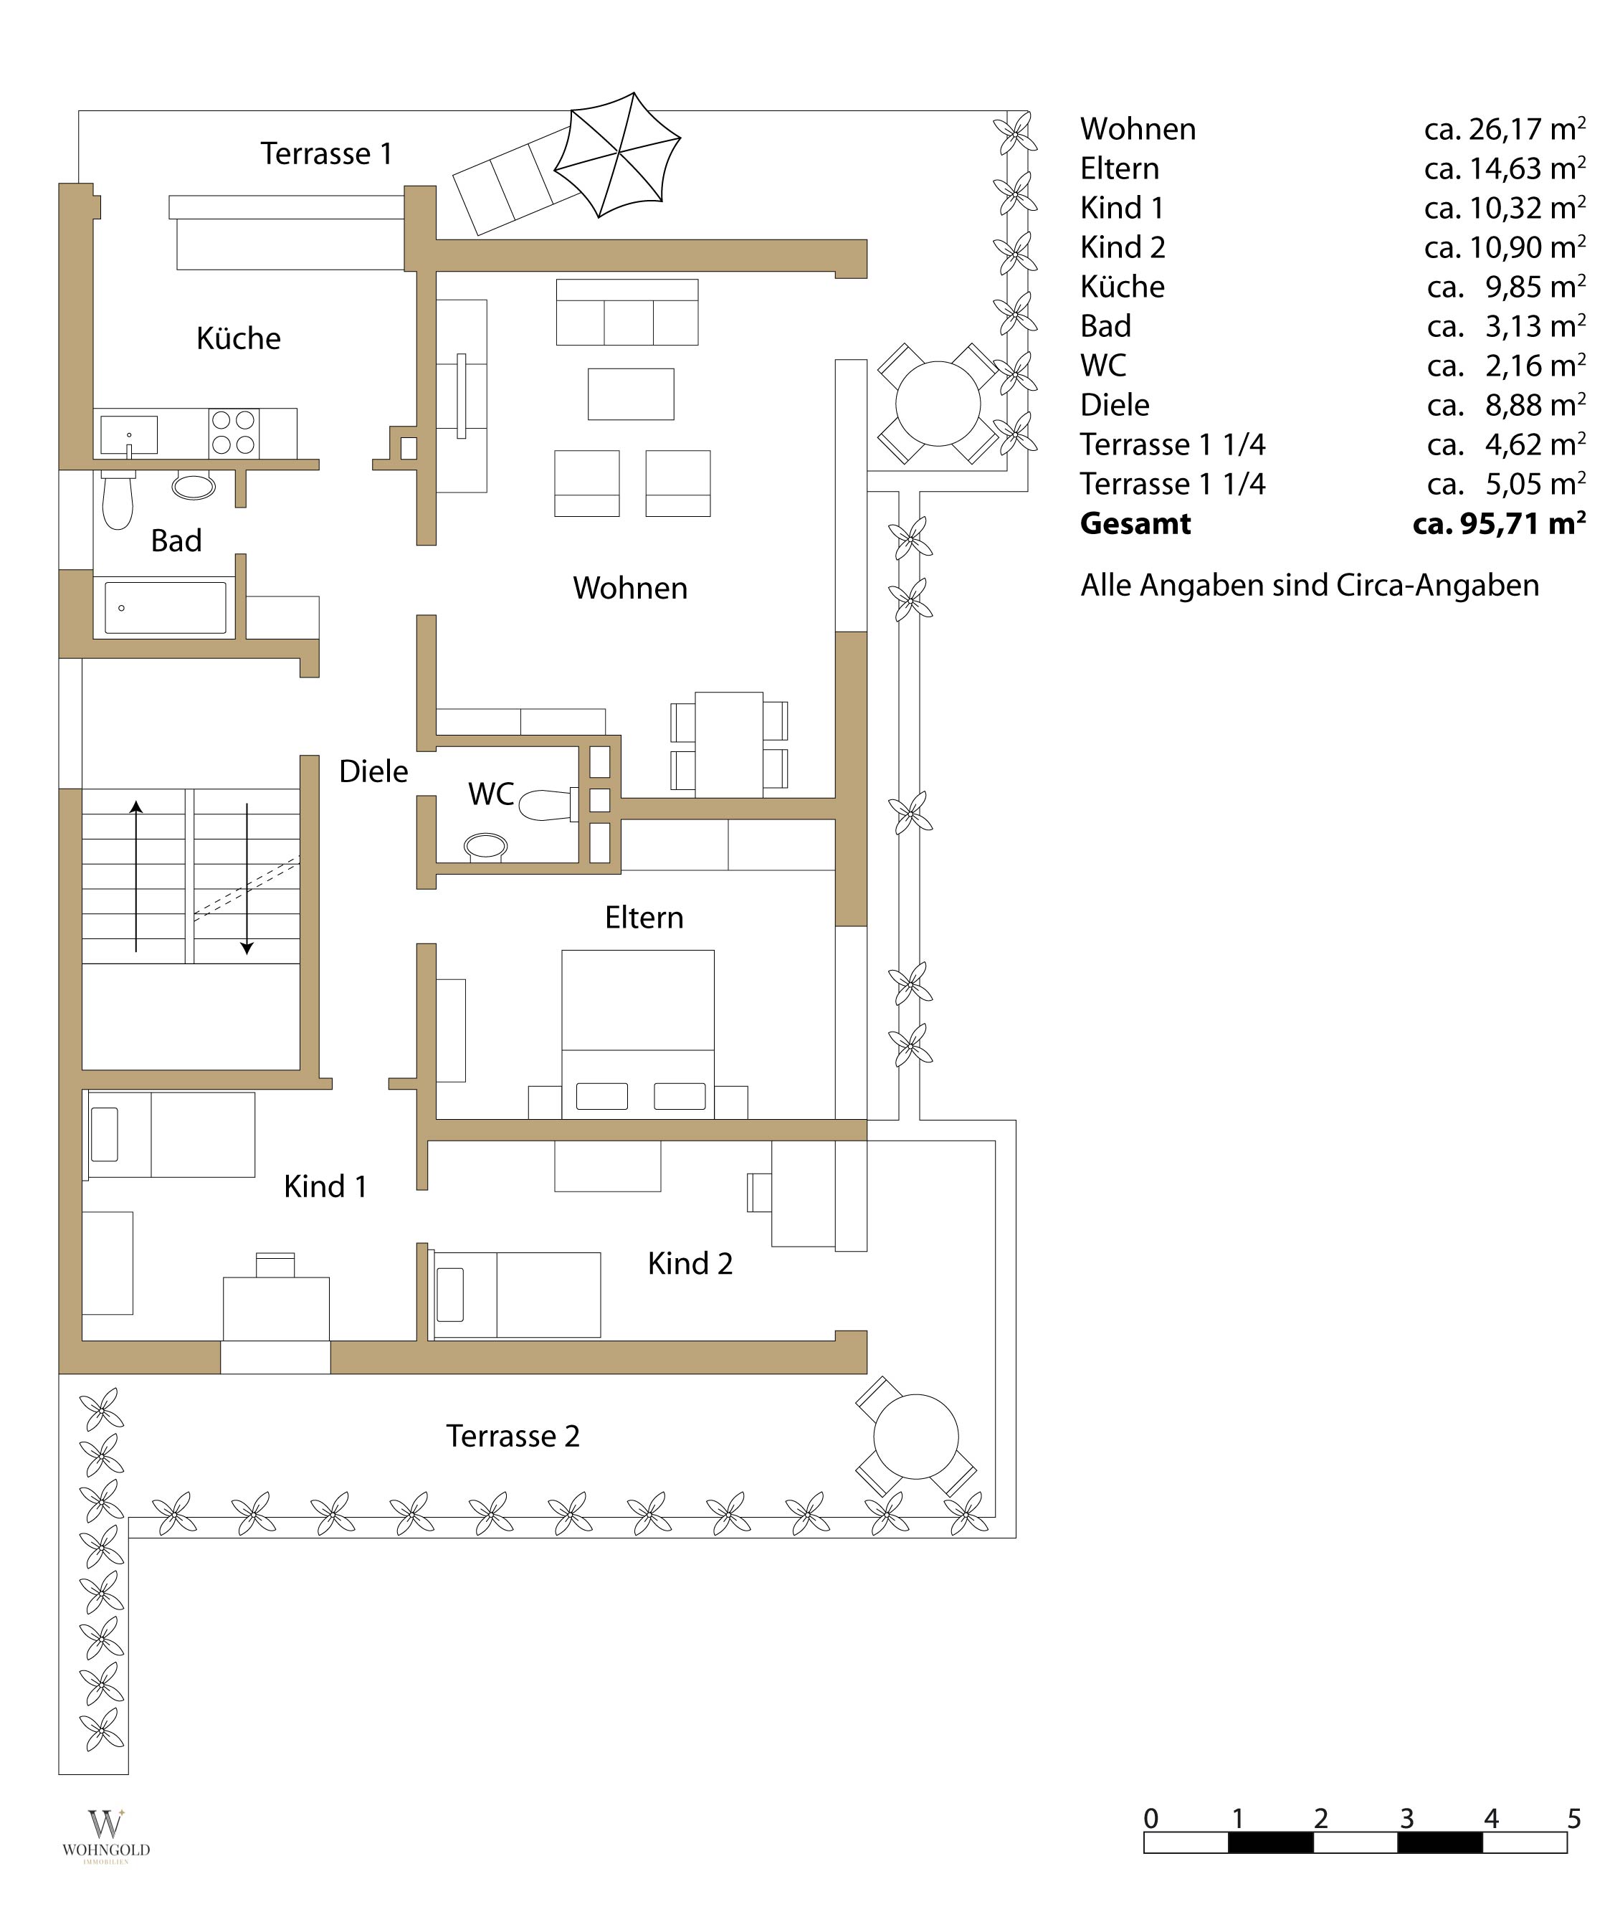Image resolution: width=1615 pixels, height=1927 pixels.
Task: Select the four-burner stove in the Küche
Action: [233, 433]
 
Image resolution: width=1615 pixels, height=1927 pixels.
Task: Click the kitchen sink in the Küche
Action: [129, 435]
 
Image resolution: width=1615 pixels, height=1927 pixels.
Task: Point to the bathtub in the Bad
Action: [165, 607]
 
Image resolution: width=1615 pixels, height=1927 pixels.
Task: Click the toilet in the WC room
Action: [548, 805]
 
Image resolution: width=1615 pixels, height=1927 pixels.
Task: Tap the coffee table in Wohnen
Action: [630, 394]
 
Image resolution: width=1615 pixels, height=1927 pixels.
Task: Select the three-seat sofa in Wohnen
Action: [627, 312]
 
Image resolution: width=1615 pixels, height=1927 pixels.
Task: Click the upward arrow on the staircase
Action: [135, 876]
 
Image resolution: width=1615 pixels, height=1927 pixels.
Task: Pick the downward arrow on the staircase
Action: [247, 879]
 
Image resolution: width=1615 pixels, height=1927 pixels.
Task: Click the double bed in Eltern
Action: [638, 1034]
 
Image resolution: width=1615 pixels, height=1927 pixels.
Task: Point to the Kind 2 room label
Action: [690, 1264]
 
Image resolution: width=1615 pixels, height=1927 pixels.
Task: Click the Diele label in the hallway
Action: [373, 771]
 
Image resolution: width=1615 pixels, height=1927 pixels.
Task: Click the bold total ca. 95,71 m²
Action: [1500, 523]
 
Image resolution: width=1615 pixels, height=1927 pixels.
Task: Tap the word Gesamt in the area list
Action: [1135, 523]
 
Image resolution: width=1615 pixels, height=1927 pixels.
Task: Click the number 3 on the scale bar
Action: [1406, 1818]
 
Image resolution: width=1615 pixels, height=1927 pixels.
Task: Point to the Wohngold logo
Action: [105, 1836]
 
